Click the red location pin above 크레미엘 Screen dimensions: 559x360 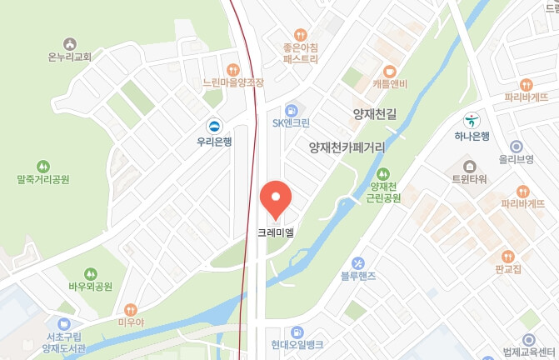point(276,197)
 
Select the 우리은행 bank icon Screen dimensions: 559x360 point(215,126)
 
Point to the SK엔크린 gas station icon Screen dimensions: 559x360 point(291,109)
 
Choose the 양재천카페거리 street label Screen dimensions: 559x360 point(347,147)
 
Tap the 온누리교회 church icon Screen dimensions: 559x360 point(69,43)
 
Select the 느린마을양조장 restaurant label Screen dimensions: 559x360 point(233,83)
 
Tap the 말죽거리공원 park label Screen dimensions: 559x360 point(43,179)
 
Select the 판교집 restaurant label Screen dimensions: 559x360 point(508,269)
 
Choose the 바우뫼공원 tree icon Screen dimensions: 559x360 point(90,273)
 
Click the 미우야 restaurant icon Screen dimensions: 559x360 point(129,310)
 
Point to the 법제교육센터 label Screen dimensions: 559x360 point(529,353)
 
